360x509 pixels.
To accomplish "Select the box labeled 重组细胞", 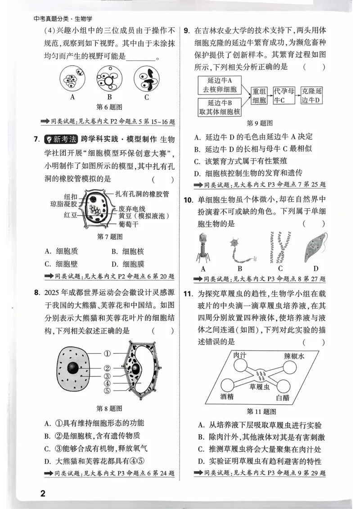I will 260,95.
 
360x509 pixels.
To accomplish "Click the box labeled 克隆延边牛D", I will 312,95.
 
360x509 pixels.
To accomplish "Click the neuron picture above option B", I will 240,249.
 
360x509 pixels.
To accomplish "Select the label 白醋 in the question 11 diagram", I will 283,397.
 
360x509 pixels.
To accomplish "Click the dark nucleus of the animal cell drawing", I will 72,368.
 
